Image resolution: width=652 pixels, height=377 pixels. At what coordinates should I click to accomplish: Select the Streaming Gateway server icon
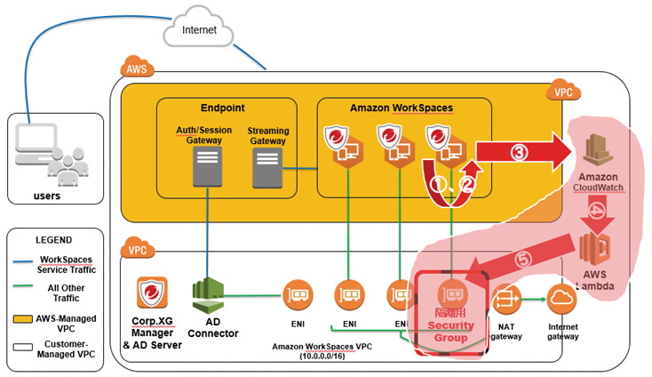pos(267,167)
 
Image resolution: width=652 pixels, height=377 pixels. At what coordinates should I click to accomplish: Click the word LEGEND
pos(54,239)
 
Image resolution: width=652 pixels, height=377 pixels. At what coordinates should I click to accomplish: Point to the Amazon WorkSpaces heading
pos(402,107)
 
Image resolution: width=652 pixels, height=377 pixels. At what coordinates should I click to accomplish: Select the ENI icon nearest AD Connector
pos(295,296)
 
